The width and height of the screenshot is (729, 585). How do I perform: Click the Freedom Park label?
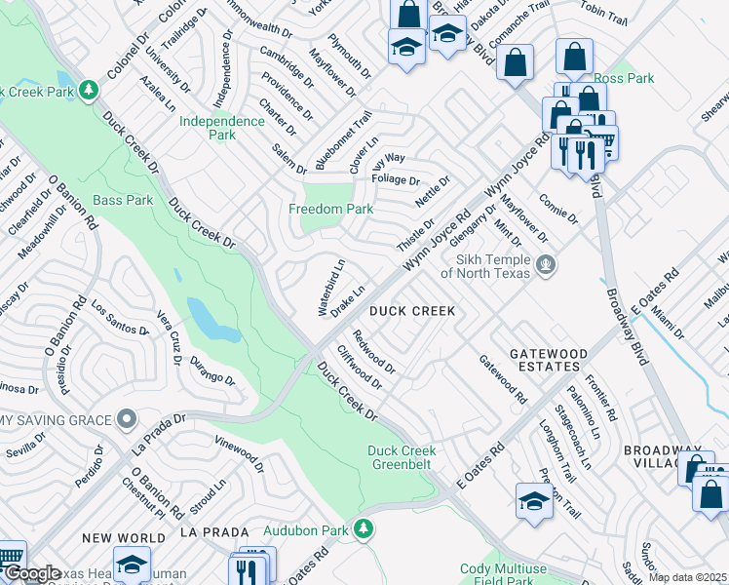click(330, 209)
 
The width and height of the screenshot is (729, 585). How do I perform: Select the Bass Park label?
click(123, 200)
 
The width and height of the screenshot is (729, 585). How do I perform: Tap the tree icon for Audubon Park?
click(363, 529)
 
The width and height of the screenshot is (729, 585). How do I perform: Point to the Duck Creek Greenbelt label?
click(402, 457)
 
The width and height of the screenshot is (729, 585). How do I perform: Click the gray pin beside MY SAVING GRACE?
click(126, 420)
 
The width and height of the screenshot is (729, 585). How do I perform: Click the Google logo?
click(31, 574)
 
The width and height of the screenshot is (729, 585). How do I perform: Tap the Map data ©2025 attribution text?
click(687, 577)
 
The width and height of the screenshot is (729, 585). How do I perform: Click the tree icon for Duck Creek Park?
click(89, 91)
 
